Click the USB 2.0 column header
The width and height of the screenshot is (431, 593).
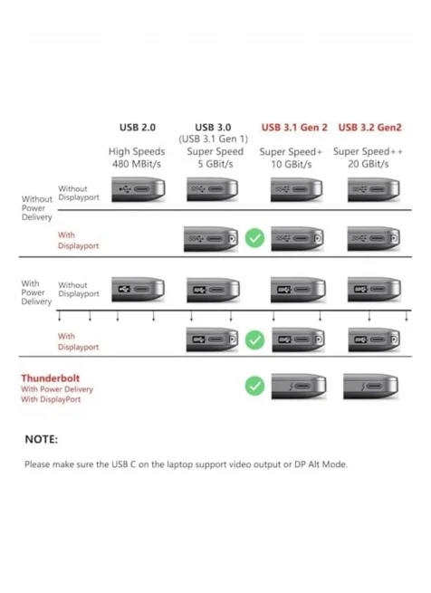point(138,128)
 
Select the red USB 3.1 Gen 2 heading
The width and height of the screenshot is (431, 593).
point(294,128)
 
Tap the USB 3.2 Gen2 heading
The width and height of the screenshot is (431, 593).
point(369,128)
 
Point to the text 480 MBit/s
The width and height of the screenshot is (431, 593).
point(137,164)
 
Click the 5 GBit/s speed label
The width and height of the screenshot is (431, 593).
point(215,164)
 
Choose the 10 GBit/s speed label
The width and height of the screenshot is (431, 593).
point(292,165)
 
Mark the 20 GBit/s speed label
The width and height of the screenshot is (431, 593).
point(369,164)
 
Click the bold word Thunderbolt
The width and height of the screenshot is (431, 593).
point(51,378)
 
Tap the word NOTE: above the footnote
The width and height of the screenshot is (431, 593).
point(42,439)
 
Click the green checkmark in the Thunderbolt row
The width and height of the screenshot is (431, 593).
point(254,386)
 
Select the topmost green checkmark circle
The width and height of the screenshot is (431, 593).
point(254,238)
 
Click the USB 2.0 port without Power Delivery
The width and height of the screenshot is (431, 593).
point(139,189)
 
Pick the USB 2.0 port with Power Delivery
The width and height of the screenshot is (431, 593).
point(139,290)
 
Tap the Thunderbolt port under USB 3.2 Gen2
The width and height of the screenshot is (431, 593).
point(371,387)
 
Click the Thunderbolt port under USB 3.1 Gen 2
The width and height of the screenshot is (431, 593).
point(299,387)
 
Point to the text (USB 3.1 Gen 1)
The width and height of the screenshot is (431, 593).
point(214,139)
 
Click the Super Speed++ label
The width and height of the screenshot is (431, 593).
point(368,152)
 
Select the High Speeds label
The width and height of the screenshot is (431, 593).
point(137,152)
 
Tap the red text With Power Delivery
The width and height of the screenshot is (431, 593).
point(57,389)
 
